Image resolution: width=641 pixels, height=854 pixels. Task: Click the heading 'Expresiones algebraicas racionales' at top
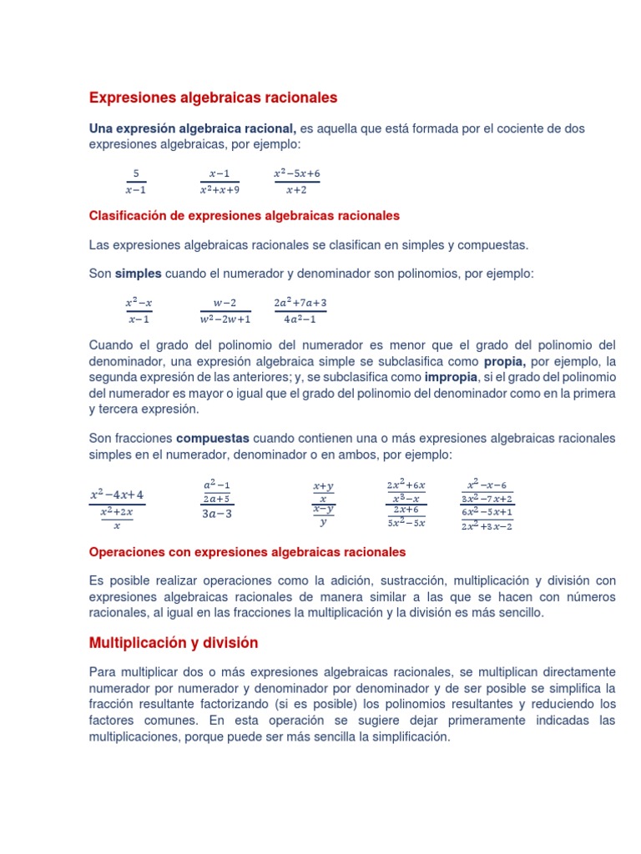tap(213, 98)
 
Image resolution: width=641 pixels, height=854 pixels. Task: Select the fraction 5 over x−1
tap(135, 181)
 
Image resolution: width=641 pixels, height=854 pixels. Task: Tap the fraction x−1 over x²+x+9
tap(220, 181)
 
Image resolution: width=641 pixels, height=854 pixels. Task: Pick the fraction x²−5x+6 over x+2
tap(297, 181)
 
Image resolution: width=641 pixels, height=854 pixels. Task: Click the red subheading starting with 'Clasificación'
tap(245, 216)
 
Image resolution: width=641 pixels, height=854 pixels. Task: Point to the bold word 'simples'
tap(139, 274)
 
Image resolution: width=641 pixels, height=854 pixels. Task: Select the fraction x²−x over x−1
tap(139, 310)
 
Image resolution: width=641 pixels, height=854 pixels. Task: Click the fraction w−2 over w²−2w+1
tap(225, 310)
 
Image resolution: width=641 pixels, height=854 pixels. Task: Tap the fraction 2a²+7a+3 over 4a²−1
tap(300, 310)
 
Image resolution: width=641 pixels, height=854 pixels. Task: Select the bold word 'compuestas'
tap(213, 438)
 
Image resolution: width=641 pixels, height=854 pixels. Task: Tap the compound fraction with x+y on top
tap(323, 504)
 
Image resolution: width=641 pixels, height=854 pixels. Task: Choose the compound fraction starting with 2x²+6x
tap(406, 504)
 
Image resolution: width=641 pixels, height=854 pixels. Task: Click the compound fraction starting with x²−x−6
tap(487, 504)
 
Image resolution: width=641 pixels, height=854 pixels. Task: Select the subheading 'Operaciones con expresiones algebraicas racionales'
tap(248, 552)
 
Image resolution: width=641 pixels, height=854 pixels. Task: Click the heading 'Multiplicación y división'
tap(174, 643)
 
